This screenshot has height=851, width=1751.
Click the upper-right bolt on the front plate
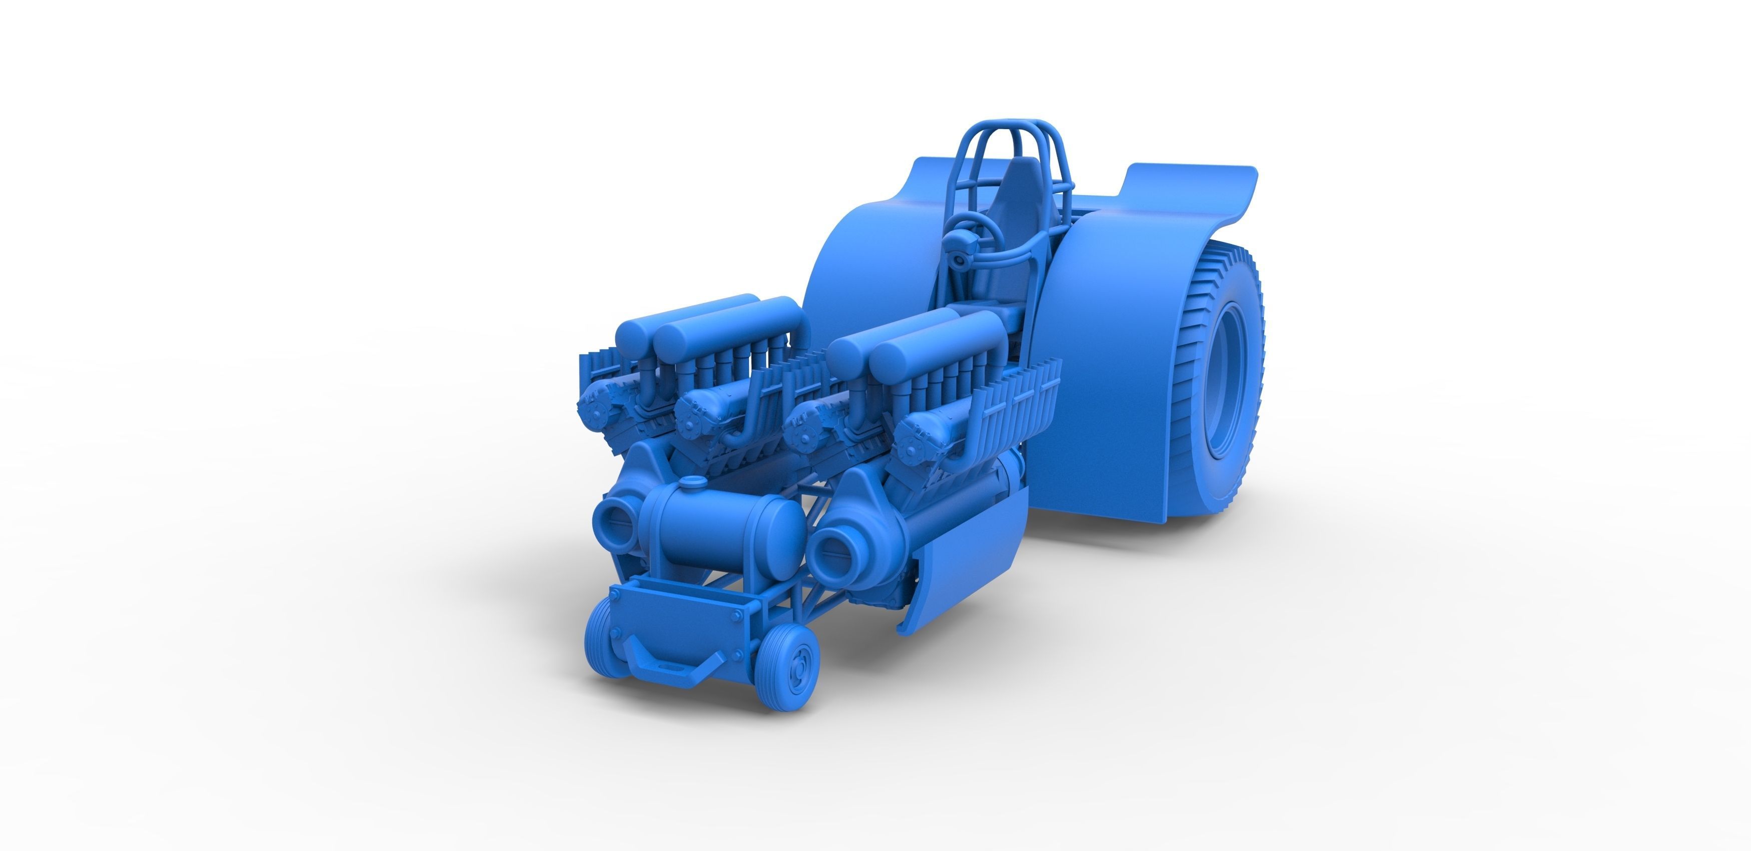pyautogui.click(x=737, y=614)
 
